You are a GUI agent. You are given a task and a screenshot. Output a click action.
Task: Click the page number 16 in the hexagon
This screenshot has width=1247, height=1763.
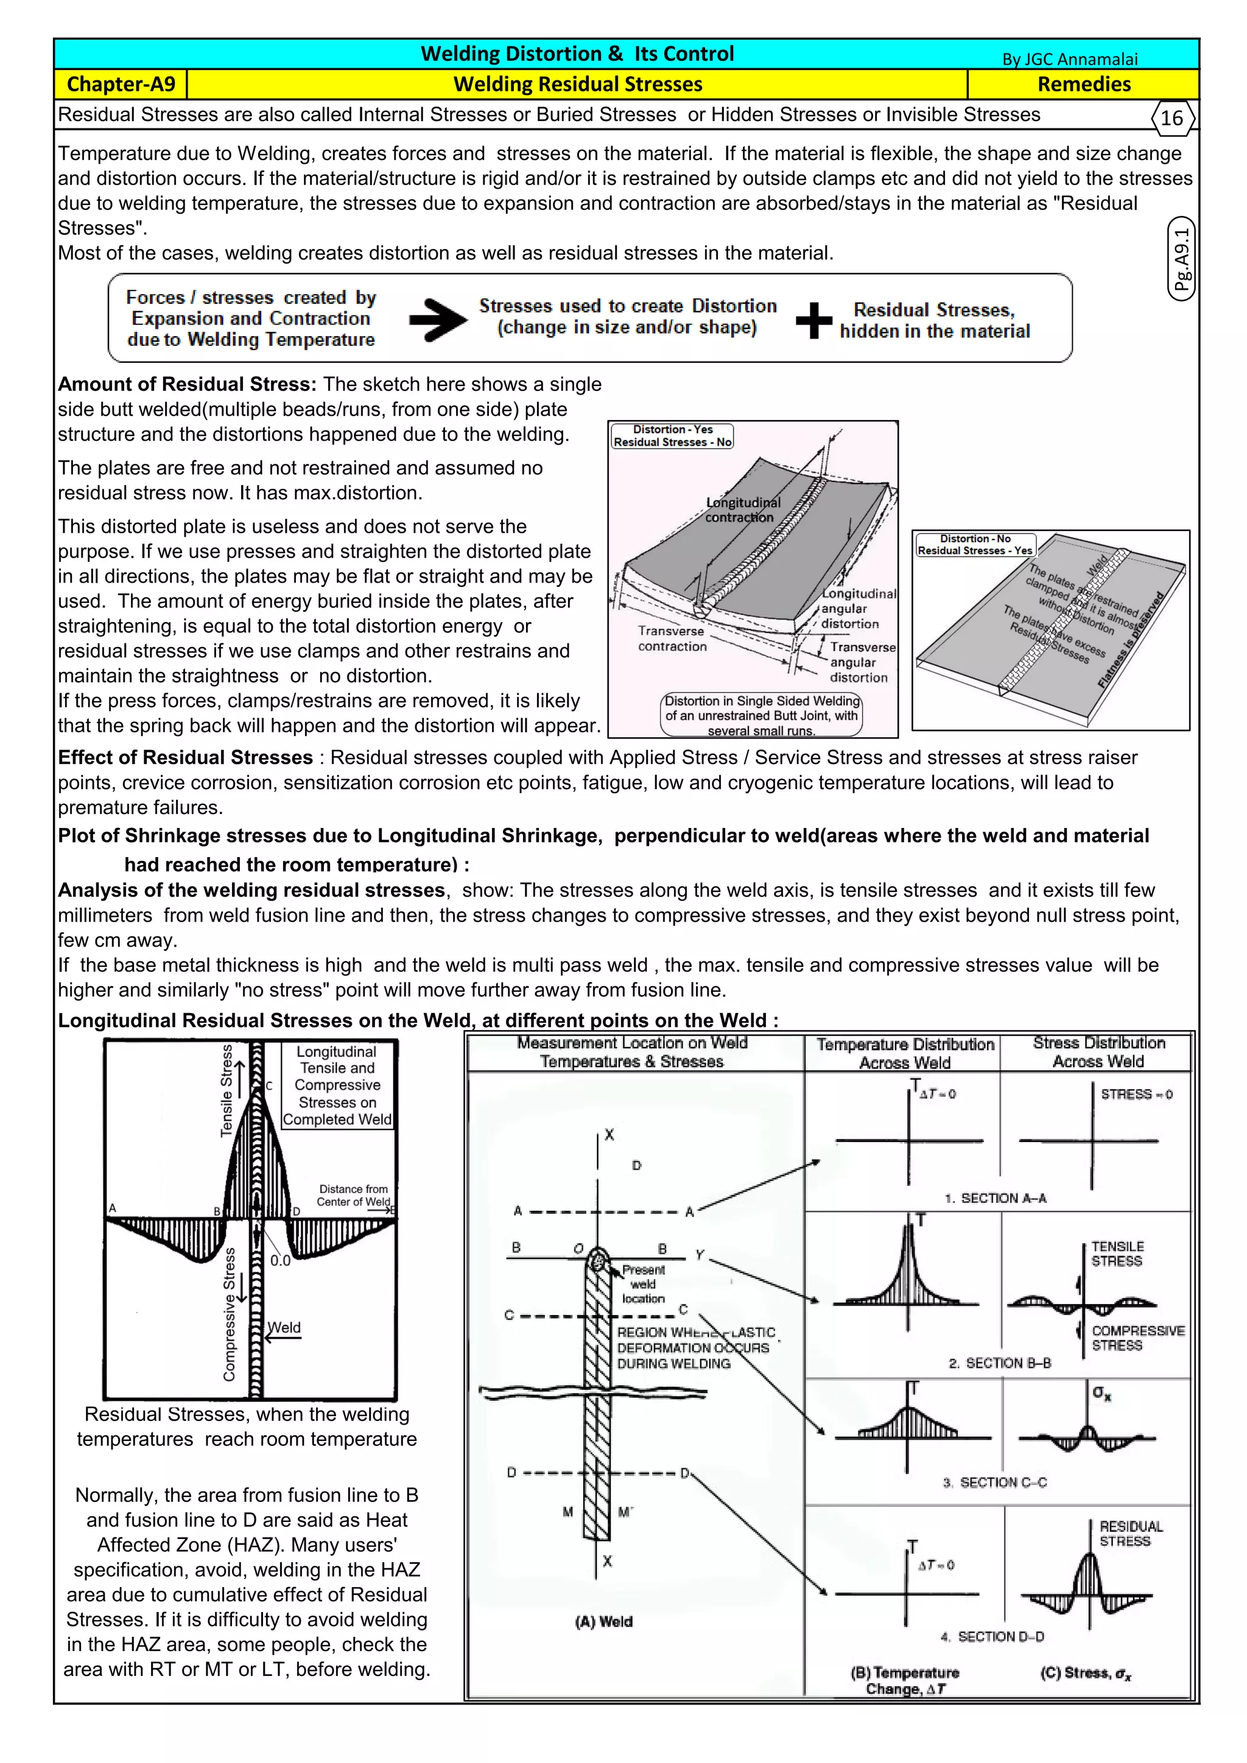pyautogui.click(x=1171, y=118)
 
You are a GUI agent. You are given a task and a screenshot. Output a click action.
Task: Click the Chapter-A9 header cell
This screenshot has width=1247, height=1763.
pyautogui.click(x=121, y=85)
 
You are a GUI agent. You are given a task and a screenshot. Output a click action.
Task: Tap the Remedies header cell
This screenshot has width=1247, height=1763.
pyautogui.click(x=1083, y=85)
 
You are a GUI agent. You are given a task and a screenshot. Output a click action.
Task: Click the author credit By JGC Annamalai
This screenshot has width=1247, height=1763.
pyautogui.click(x=1070, y=59)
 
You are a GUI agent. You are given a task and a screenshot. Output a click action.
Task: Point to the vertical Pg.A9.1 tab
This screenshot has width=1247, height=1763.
pyautogui.click(x=1182, y=259)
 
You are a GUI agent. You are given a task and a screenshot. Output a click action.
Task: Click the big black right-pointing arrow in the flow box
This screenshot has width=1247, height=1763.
pyautogui.click(x=438, y=320)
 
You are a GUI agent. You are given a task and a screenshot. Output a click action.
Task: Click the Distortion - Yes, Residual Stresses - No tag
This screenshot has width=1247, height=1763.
pyautogui.click(x=672, y=436)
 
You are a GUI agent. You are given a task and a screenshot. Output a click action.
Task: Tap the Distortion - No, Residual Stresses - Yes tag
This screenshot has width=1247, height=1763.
pyautogui.click(x=975, y=544)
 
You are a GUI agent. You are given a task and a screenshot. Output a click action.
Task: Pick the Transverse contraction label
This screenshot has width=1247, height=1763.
pyautogui.click(x=672, y=639)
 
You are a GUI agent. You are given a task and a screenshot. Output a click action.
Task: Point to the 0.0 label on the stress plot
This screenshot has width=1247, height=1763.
pyautogui.click(x=280, y=1260)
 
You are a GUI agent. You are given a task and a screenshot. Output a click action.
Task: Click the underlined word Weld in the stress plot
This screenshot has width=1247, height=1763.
pyautogui.click(x=284, y=1328)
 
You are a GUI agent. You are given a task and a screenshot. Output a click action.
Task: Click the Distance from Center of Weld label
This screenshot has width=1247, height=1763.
pyautogui.click(x=353, y=1195)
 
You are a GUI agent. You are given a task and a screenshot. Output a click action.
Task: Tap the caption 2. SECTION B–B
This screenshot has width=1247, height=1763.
pyautogui.click(x=1000, y=1363)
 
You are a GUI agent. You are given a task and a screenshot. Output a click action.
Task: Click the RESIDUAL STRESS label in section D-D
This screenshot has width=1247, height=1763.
pyautogui.click(x=1130, y=1533)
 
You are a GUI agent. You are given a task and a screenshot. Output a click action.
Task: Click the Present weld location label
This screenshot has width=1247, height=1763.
pyautogui.click(x=644, y=1284)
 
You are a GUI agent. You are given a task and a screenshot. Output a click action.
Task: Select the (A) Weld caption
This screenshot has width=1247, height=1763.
pyautogui.click(x=603, y=1622)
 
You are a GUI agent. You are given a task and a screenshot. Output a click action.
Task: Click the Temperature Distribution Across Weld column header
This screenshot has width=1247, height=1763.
pyautogui.click(x=905, y=1054)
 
